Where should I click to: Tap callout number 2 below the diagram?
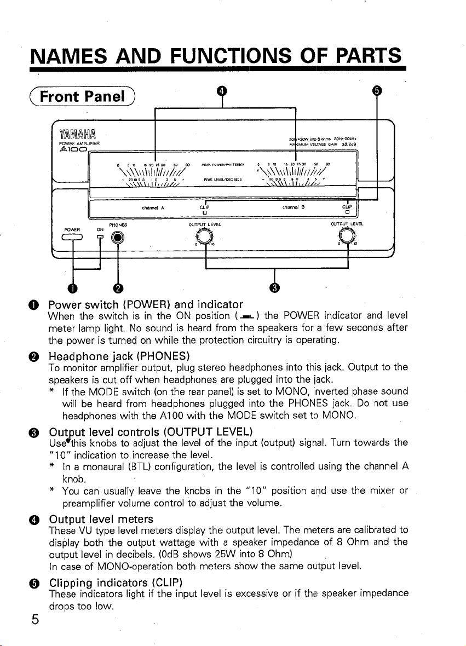(117, 288)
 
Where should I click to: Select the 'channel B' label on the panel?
(292, 208)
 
